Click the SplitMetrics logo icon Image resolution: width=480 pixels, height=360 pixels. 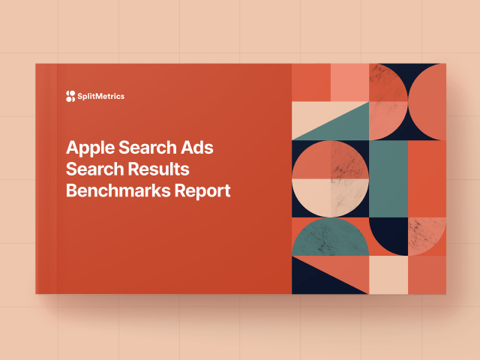[x=70, y=96]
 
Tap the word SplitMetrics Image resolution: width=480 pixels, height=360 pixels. [x=101, y=97]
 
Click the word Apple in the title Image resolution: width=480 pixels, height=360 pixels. [x=91, y=148]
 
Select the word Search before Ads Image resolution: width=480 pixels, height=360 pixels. [x=148, y=148]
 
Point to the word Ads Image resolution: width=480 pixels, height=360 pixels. [x=196, y=148]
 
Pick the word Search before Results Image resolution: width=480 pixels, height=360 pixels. [x=95, y=169]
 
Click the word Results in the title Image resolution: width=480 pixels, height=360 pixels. [x=158, y=169]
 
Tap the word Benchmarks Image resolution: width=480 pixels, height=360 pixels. [x=118, y=190]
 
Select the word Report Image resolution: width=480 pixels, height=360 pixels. [x=202, y=191]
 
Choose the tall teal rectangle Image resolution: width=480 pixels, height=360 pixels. [x=388, y=178]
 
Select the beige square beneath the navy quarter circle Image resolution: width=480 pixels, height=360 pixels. [x=388, y=275]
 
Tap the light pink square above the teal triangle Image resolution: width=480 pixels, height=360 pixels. [x=350, y=82]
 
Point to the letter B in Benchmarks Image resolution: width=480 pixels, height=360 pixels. [x=72, y=190]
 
